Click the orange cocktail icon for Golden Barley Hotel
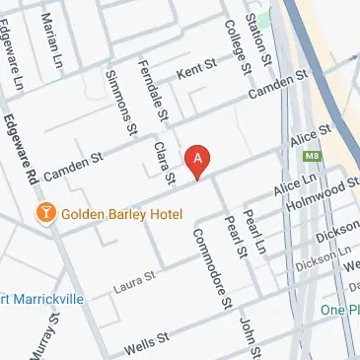[x=44, y=212]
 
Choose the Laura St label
[x=134, y=281]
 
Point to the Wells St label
[x=146, y=345]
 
